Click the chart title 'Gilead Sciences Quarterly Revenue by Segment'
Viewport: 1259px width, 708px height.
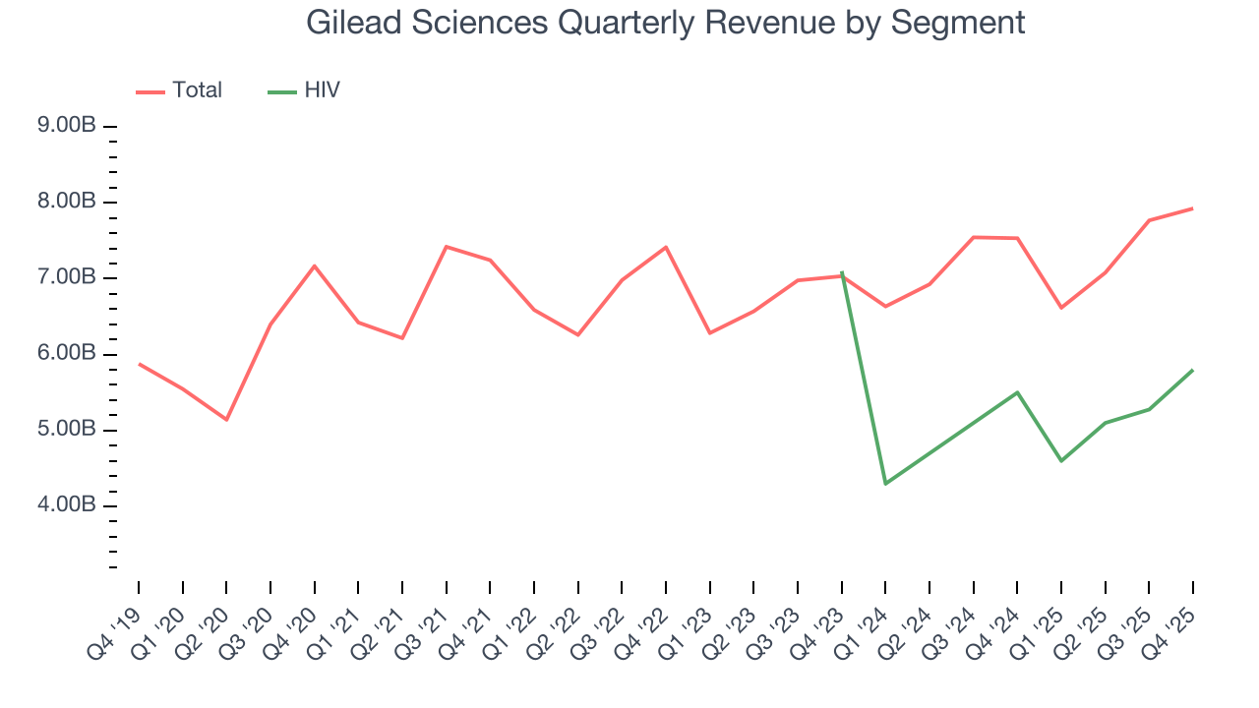[x=665, y=22]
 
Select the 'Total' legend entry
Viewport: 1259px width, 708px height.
[x=197, y=90]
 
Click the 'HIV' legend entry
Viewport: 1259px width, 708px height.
[x=322, y=90]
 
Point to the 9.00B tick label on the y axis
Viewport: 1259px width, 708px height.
[x=68, y=126]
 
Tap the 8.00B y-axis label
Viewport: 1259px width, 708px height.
[x=68, y=202]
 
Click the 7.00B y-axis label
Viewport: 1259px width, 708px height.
[x=68, y=277]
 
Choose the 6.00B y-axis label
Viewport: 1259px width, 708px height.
[x=68, y=353]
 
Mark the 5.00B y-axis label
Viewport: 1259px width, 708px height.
[x=68, y=430]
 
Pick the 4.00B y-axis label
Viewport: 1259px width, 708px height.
[x=68, y=505]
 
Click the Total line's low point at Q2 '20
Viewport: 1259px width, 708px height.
[x=226, y=420]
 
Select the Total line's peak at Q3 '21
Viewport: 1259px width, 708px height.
[x=447, y=247]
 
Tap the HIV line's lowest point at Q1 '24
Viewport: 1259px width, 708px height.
[x=885, y=484]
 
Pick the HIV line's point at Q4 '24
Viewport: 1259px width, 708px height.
[x=1017, y=392]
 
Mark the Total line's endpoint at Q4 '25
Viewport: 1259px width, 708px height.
[x=1193, y=208]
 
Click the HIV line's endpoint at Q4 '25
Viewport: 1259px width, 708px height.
[x=1193, y=370]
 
